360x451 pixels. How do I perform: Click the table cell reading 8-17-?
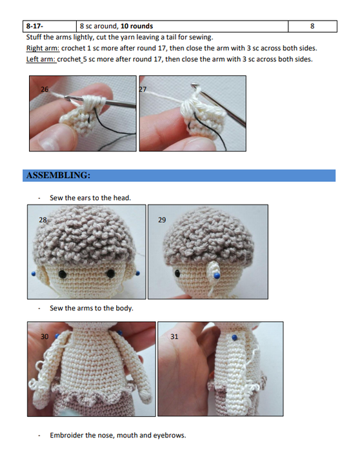point(50,26)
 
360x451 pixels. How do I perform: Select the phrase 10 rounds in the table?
point(137,26)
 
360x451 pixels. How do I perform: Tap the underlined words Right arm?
point(43,48)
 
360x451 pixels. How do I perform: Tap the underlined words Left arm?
point(41,59)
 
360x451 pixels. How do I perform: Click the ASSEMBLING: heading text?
point(58,175)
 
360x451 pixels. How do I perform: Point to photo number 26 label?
point(45,89)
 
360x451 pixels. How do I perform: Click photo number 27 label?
point(143,89)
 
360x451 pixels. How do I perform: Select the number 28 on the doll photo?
point(43,220)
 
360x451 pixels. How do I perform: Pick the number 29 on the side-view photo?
point(162,220)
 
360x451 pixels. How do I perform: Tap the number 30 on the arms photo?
point(45,337)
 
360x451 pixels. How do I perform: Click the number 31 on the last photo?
point(174,337)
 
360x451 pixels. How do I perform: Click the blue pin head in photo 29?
point(217,276)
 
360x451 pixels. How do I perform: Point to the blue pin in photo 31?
point(235,337)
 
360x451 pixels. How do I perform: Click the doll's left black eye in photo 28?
point(63,274)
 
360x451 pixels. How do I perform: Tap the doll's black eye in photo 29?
point(178,273)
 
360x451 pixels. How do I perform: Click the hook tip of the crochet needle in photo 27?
point(194,85)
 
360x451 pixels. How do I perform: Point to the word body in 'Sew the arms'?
point(125,308)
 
